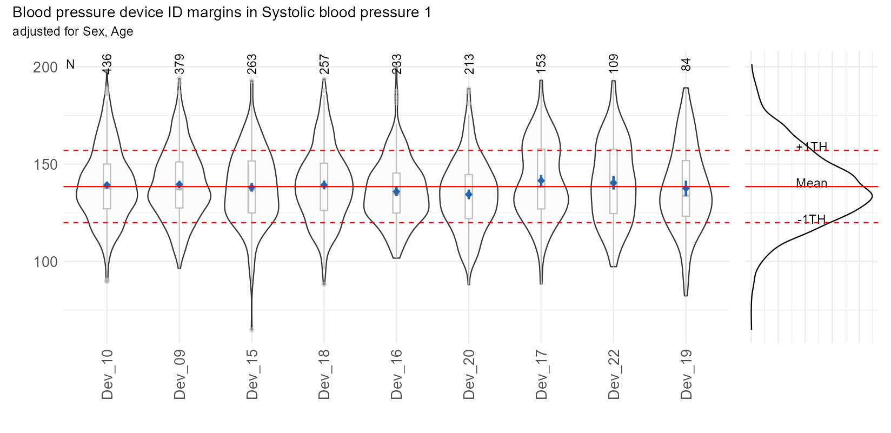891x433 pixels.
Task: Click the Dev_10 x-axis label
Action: tap(107, 375)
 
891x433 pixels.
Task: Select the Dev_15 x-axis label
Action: tap(252, 375)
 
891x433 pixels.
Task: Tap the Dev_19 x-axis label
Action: tap(686, 375)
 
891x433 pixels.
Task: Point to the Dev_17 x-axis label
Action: tap(541, 375)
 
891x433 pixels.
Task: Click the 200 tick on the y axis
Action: tap(45, 68)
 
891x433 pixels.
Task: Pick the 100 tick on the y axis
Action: tap(45, 262)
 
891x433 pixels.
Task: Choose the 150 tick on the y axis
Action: tap(45, 164)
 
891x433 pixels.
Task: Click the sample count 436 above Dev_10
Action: tap(107, 63)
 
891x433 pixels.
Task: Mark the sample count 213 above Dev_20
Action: tap(469, 63)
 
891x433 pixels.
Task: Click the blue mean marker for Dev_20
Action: tap(469, 194)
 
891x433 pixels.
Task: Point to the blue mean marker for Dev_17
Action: tap(541, 181)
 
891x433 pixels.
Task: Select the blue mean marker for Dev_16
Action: tap(396, 191)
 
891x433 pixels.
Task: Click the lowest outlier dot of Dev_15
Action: tap(252, 329)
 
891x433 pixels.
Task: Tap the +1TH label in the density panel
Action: tap(812, 146)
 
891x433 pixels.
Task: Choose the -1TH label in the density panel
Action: tap(812, 219)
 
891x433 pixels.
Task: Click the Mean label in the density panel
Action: tap(812, 183)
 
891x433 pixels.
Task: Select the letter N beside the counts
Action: tap(70, 65)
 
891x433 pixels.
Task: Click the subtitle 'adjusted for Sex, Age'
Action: tap(73, 31)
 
